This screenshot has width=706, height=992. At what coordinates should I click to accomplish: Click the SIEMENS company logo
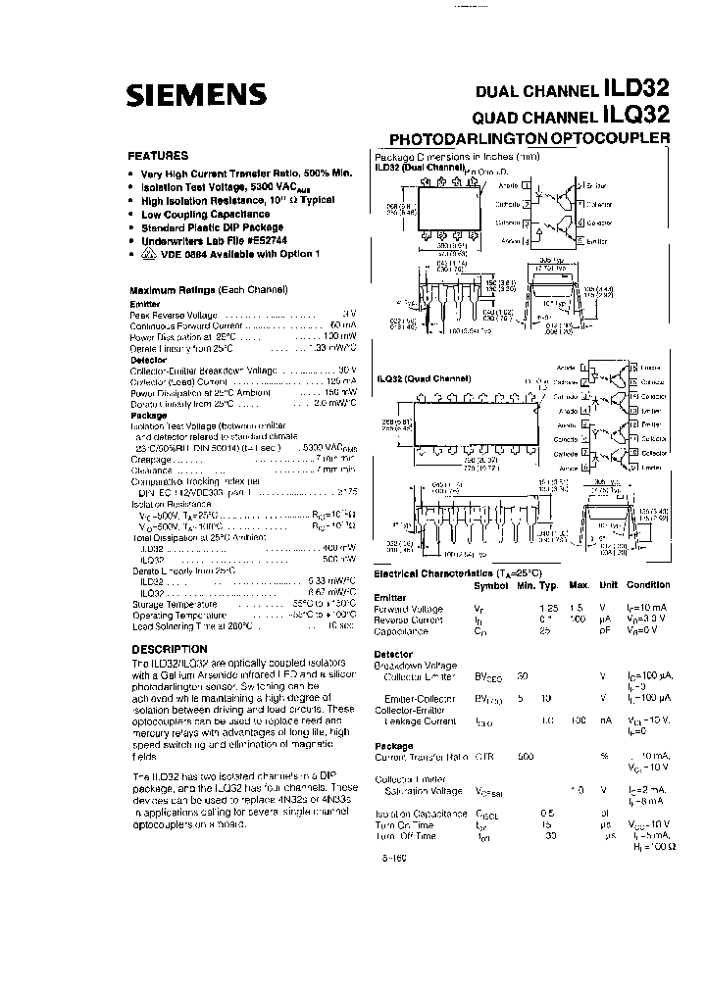[x=197, y=94]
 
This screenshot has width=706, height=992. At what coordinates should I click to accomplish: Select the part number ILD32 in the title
[x=638, y=90]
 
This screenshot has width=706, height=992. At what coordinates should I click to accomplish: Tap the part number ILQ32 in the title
[x=638, y=116]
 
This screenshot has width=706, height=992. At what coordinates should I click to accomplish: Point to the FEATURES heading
[x=159, y=156]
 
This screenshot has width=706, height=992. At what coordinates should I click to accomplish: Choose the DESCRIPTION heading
[x=170, y=649]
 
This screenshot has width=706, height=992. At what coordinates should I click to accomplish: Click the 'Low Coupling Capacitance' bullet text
[x=205, y=214]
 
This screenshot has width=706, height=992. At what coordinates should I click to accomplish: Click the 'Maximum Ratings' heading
[x=173, y=291]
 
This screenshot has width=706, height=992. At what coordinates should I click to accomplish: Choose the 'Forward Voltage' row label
[x=409, y=609]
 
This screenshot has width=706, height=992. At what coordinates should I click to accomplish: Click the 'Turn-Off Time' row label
[x=406, y=836]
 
